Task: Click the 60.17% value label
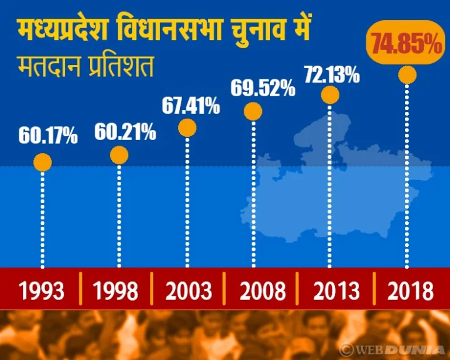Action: click(48, 135)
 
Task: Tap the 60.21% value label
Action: click(125, 132)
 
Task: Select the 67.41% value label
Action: click(191, 106)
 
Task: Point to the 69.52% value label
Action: click(262, 88)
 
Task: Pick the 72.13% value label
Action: click(331, 75)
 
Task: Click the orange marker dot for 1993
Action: click(42, 163)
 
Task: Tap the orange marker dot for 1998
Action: click(119, 155)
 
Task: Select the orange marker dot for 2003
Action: click(187, 127)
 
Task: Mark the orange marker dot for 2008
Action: click(253, 111)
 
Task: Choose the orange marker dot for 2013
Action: click(330, 95)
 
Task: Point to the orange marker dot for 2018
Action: click(407, 75)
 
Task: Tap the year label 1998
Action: click(116, 291)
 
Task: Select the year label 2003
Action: click(189, 291)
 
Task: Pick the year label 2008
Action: click(262, 291)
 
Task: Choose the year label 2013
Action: click(337, 291)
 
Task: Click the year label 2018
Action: click(410, 291)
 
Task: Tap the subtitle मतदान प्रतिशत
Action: click(84, 66)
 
